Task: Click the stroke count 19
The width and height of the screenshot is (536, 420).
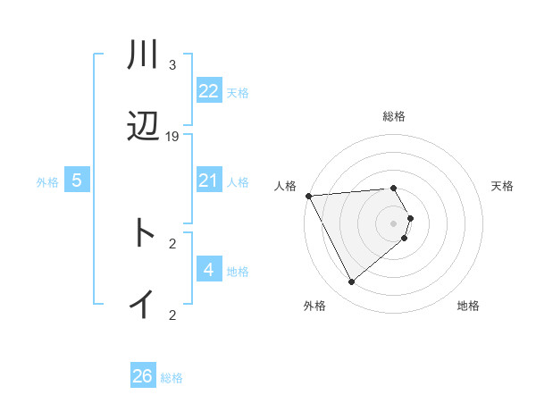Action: pos(172,137)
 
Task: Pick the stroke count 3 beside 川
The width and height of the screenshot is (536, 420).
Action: pos(172,65)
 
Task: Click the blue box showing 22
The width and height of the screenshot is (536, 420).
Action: pos(209,91)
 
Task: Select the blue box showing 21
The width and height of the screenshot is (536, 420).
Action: pos(209,181)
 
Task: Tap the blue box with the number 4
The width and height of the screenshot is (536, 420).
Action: pos(209,270)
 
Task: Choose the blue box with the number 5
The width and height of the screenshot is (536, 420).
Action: pos(77,181)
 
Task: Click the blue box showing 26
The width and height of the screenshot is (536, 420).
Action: pos(143,376)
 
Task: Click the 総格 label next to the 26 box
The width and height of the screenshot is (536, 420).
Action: pos(172,378)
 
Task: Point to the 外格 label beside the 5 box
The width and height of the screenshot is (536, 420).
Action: pos(47,182)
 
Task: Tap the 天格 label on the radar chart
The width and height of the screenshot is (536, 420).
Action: pos(502,186)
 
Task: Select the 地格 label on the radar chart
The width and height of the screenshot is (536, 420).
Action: pos(468,307)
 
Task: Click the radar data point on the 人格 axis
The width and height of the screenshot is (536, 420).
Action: pos(308,196)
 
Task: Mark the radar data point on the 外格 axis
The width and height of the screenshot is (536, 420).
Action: pos(351,282)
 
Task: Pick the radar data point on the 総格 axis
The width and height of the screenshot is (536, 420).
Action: pos(393,188)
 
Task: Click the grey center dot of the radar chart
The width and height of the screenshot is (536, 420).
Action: pos(393,223)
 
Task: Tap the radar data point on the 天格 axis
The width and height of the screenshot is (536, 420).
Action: pos(410,218)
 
